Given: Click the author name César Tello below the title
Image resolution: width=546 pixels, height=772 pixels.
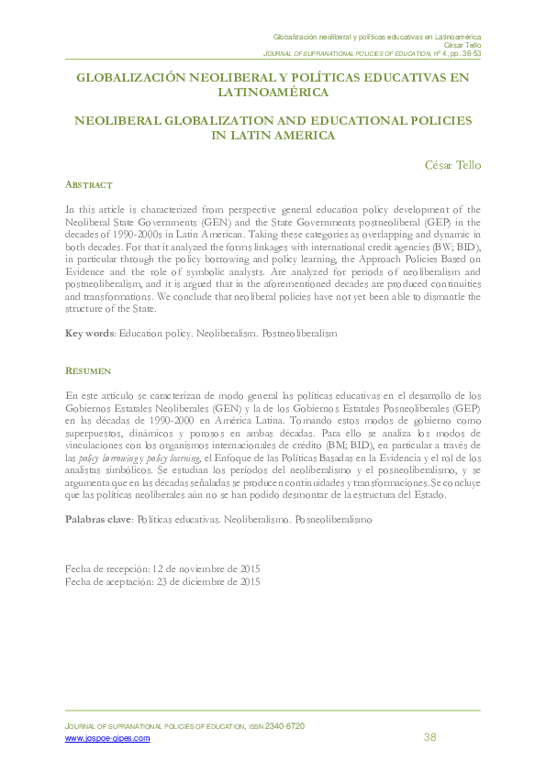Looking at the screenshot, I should [452, 165].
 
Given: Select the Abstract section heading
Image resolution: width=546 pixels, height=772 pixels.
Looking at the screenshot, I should [89, 185].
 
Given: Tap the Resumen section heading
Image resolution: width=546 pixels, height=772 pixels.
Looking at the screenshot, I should [88, 370].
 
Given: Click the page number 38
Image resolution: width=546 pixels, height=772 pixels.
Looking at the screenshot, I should [430, 738].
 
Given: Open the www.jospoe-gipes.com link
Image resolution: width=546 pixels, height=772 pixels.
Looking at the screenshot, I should [107, 738].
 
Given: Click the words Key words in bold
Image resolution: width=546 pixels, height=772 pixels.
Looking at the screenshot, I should [89, 334].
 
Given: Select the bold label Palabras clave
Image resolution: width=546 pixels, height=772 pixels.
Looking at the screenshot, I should [98, 519].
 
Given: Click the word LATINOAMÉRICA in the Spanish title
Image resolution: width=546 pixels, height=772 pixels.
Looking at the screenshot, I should [272, 93].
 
